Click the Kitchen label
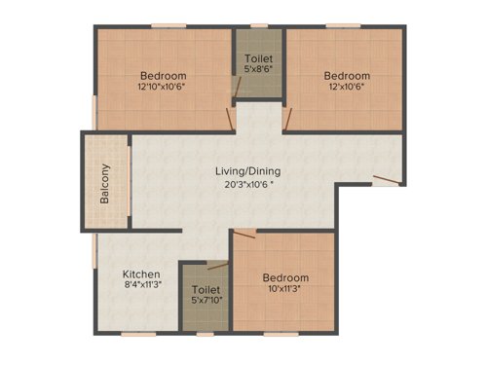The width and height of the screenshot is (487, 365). [141, 274]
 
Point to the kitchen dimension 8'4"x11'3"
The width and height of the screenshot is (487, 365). [141, 287]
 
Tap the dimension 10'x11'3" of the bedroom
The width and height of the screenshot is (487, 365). [285, 289]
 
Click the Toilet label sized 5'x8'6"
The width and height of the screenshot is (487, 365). [258, 58]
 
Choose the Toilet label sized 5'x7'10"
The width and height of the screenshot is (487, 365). [206, 290]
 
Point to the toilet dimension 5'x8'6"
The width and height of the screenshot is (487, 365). [258, 70]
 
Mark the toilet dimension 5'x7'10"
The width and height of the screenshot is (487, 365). [206, 302]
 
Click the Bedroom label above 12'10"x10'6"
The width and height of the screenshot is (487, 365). [163, 75]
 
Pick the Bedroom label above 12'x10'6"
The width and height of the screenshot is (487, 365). [347, 75]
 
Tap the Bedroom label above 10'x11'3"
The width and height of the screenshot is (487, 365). [285, 277]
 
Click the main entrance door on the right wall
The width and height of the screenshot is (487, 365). [388, 179]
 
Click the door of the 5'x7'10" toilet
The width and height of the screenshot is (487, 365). [215, 264]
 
